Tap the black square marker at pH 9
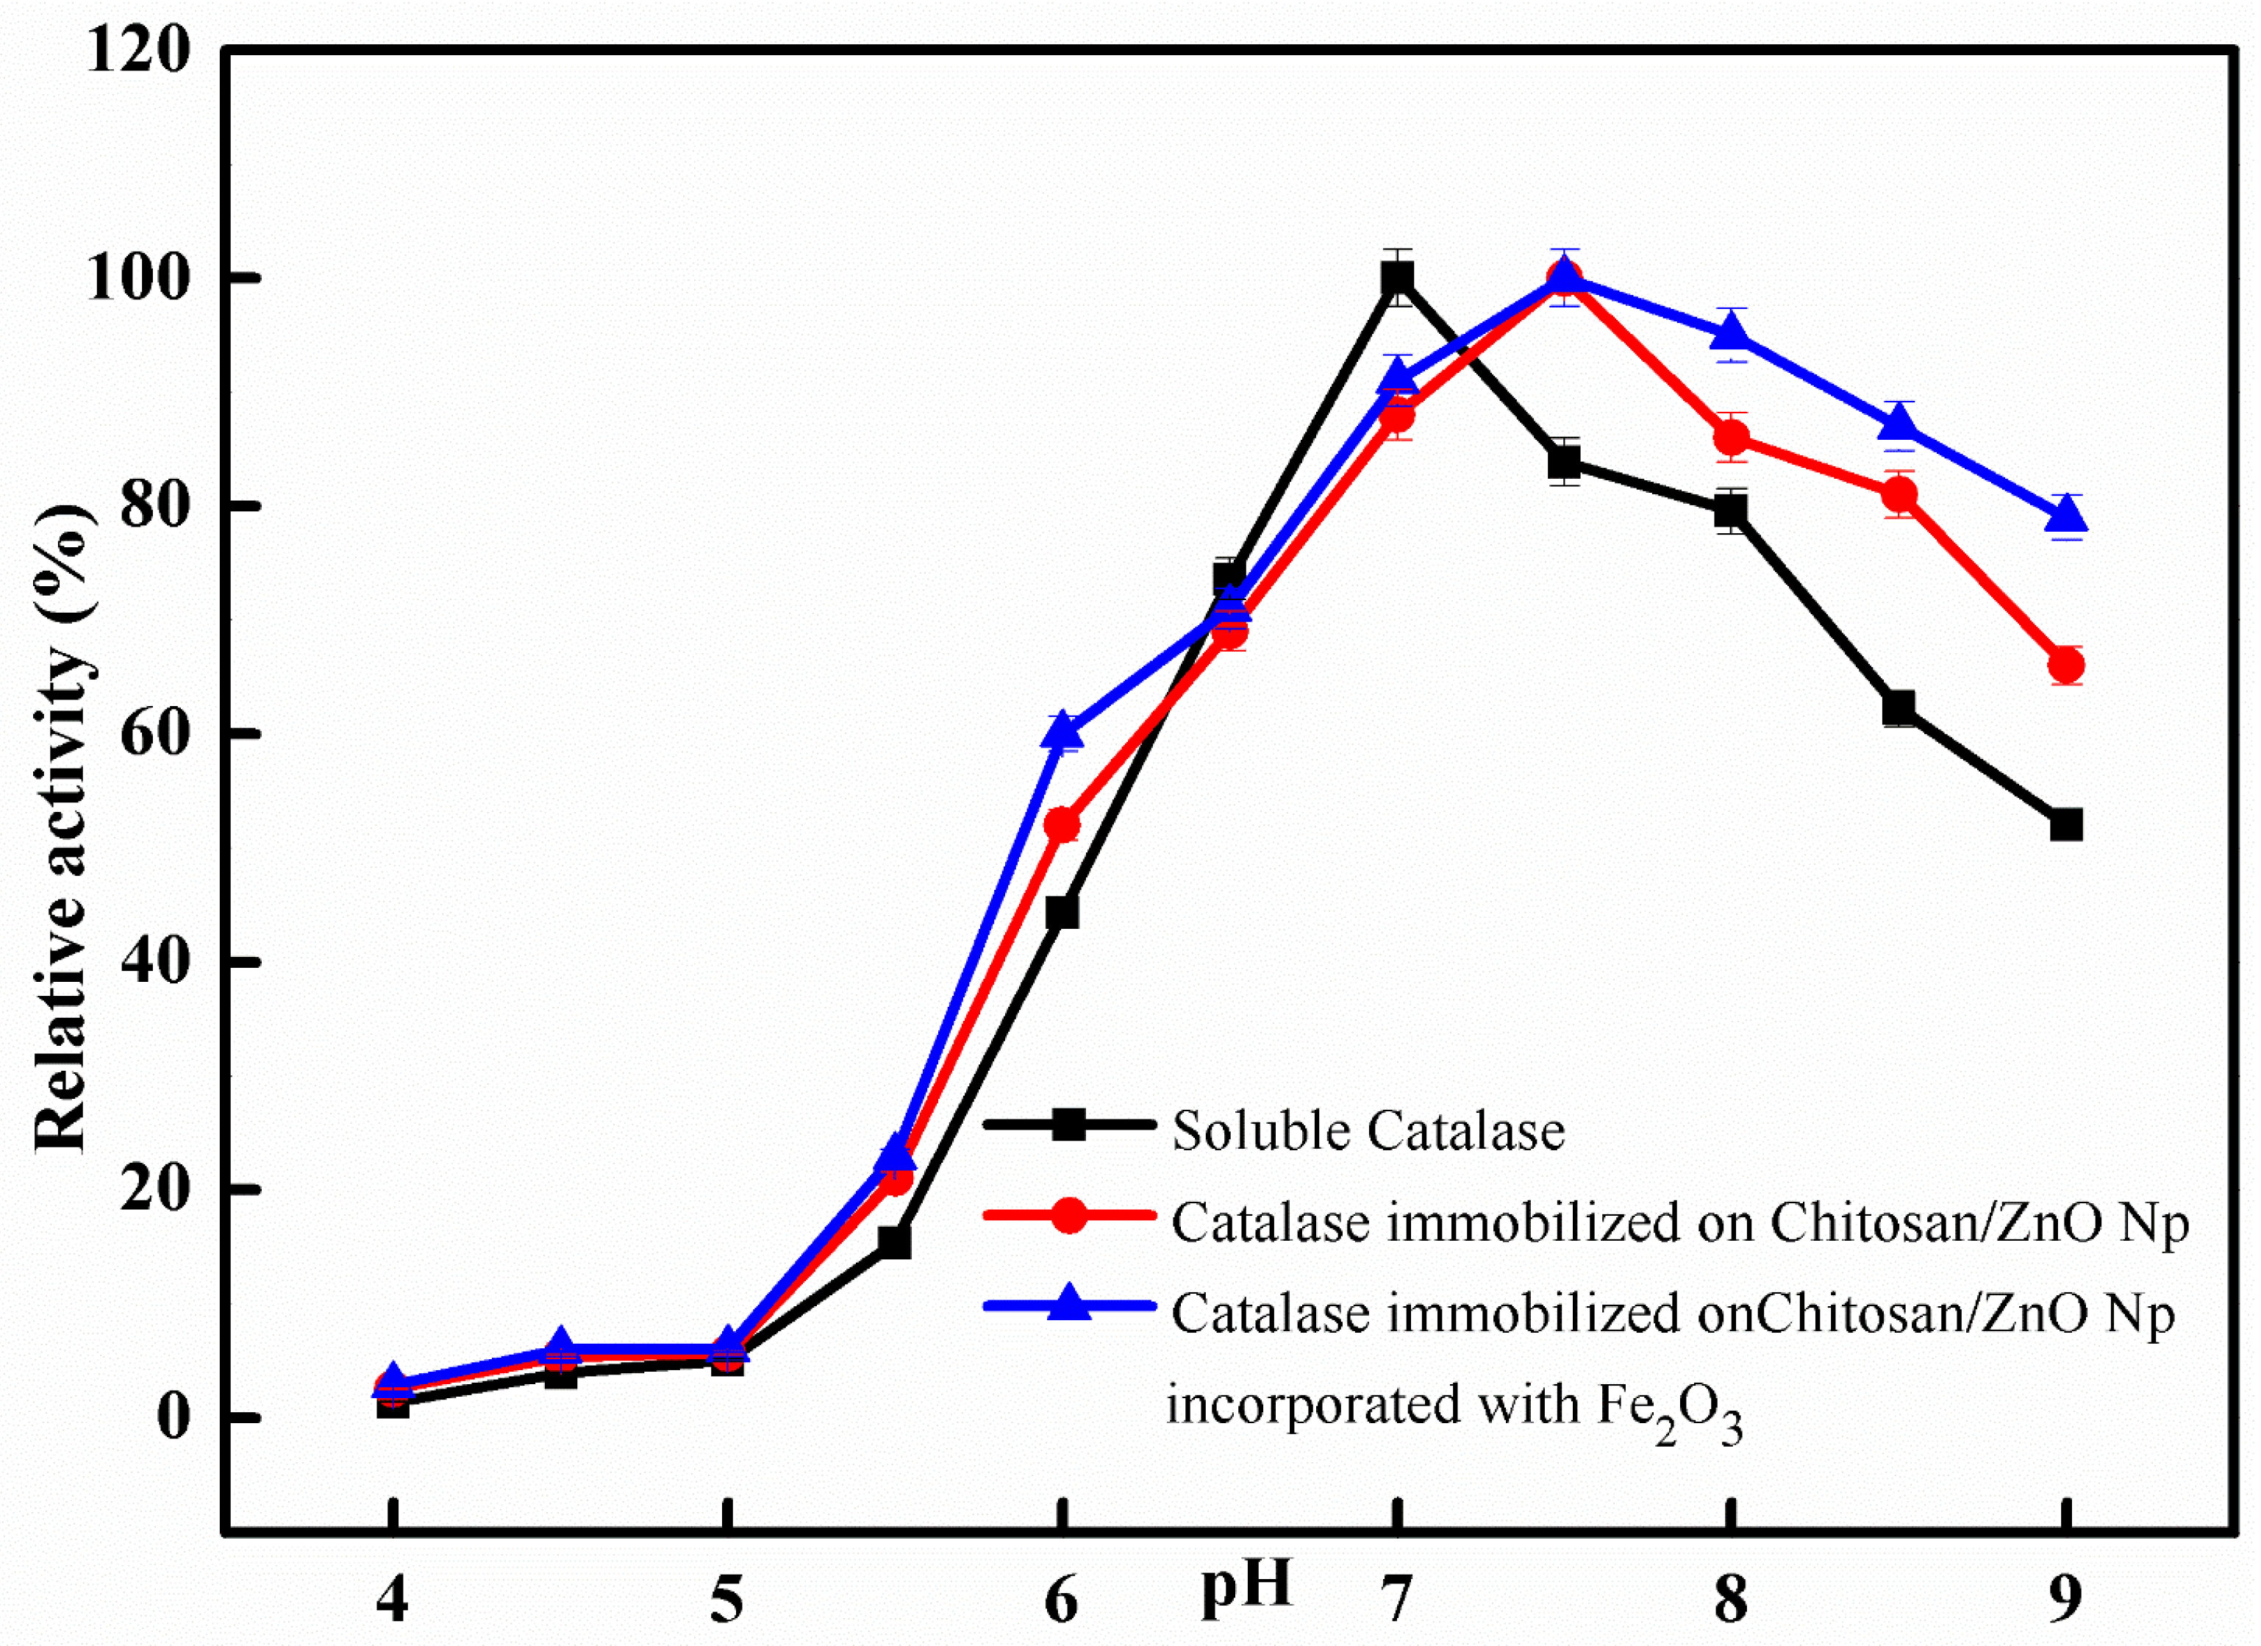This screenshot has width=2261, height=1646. pos(2065,825)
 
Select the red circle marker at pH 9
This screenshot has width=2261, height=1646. pos(2065,665)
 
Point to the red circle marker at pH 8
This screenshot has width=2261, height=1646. pos(1732,438)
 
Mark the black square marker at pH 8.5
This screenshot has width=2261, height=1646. pos(1899,708)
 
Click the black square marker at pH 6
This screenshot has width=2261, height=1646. pos(1062,912)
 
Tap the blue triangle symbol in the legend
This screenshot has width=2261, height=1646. pos(1068,1303)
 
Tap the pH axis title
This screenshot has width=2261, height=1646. pos(1246,1584)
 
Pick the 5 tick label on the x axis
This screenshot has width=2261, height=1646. pos(726,1601)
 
